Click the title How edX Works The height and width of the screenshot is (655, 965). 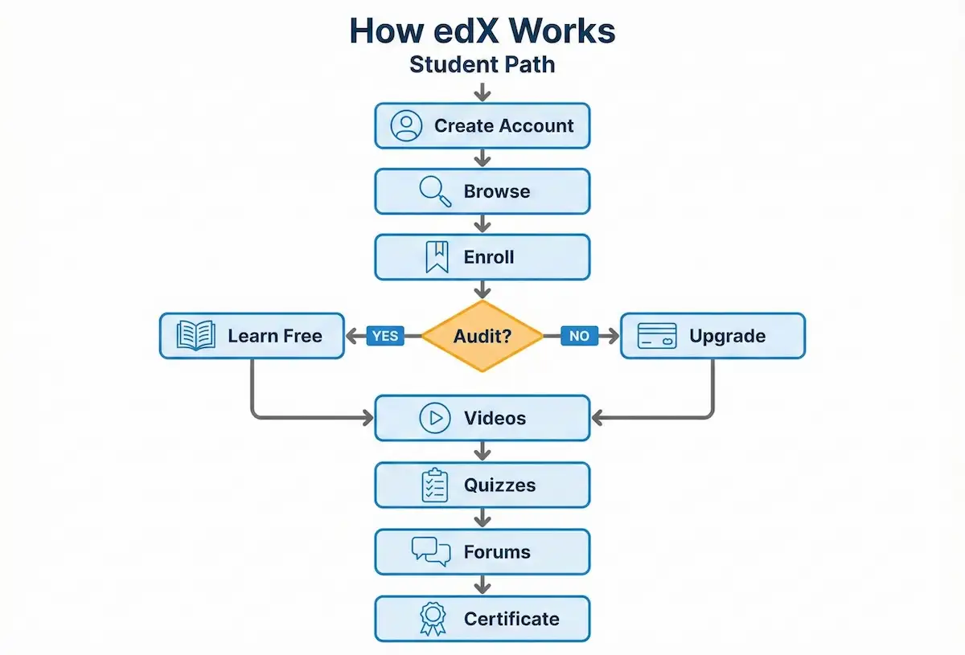click(x=482, y=31)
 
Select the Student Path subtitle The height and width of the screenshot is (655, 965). click(x=482, y=63)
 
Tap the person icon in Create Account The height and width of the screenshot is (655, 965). click(x=406, y=125)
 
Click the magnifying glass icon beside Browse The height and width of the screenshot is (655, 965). click(x=435, y=192)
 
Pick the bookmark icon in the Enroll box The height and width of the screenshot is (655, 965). click(x=436, y=258)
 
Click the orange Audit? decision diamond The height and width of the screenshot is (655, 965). click(x=482, y=336)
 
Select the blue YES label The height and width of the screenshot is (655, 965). click(x=385, y=336)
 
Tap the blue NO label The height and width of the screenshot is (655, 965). click(x=579, y=336)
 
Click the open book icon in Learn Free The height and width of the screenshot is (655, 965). click(x=196, y=336)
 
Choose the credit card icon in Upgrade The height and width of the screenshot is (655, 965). click(x=657, y=336)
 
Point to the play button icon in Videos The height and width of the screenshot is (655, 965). click(x=435, y=418)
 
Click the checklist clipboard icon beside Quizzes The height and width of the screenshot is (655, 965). click(x=435, y=485)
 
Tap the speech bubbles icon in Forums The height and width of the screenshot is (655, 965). click(x=431, y=551)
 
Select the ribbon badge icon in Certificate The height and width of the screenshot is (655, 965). click(x=433, y=619)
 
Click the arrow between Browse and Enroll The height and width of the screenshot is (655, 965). click(x=482, y=224)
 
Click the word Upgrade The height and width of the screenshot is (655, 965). click(x=727, y=336)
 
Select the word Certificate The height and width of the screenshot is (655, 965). click(x=511, y=619)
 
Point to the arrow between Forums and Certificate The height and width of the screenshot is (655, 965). click(x=482, y=584)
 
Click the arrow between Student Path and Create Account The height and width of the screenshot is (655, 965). click(x=482, y=91)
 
